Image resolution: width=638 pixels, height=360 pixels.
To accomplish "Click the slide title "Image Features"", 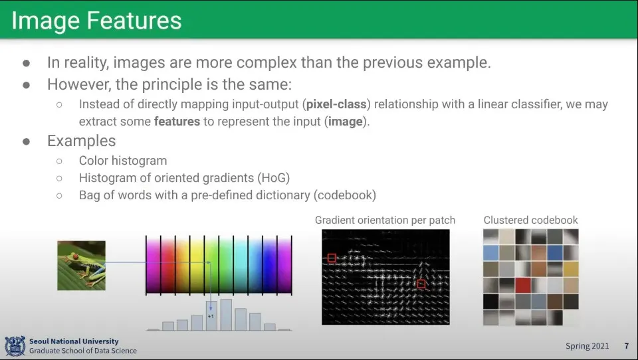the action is [96, 21].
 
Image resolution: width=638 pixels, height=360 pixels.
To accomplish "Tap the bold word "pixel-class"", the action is [336, 104].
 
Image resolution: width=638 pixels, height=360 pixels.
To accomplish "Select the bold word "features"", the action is [177, 122].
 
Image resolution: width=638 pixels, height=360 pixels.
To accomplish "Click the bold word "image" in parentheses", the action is [346, 122].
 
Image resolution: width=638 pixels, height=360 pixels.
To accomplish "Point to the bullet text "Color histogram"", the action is [123, 161].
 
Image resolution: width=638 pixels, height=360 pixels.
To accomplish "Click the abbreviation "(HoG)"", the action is [273, 178].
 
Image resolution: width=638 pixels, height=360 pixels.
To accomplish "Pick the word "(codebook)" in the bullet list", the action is [345, 195].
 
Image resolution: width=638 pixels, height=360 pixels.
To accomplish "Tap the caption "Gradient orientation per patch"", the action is [385, 220].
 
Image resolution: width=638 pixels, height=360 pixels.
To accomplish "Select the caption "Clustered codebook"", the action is [530, 220].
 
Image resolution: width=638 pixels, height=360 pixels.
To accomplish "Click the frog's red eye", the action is [75, 256].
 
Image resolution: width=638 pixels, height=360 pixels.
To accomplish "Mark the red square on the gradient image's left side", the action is [332, 258].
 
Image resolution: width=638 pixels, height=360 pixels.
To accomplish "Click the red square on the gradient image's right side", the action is [421, 284].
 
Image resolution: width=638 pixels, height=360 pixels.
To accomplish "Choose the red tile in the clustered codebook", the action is [523, 285].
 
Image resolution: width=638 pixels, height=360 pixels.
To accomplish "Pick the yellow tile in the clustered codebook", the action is [571, 269].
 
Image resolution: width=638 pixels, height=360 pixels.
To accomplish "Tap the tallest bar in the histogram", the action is [226, 315].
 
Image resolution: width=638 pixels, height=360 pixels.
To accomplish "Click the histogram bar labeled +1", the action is [211, 315].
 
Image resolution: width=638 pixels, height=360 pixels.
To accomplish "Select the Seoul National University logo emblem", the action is [15, 346].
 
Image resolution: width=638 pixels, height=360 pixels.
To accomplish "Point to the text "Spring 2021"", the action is [587, 346].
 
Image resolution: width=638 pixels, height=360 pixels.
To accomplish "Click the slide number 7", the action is [627, 346].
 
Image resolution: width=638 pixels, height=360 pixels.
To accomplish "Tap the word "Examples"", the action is [81, 141].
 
